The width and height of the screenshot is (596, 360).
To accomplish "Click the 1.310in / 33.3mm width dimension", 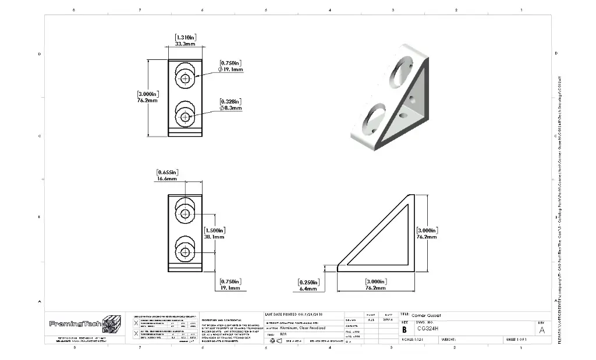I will point(185,41).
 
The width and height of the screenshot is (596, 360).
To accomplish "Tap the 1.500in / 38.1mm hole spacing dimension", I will point(215,233).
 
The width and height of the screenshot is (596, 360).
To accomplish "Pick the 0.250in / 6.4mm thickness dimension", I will point(308,284).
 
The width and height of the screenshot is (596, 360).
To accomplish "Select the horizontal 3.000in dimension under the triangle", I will point(375,284).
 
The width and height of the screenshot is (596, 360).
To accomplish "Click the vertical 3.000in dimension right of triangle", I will point(428,233).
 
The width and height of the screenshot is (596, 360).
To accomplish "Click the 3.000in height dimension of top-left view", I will point(147,97).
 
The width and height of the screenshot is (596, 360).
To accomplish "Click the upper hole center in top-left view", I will point(185,79).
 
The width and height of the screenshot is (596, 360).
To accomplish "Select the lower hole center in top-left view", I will point(185,117).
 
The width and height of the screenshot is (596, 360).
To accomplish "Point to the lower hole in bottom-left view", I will point(185,252).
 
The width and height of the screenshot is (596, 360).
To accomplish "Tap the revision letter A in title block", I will point(542,330).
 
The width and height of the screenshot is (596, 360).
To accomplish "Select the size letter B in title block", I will point(405,329).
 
